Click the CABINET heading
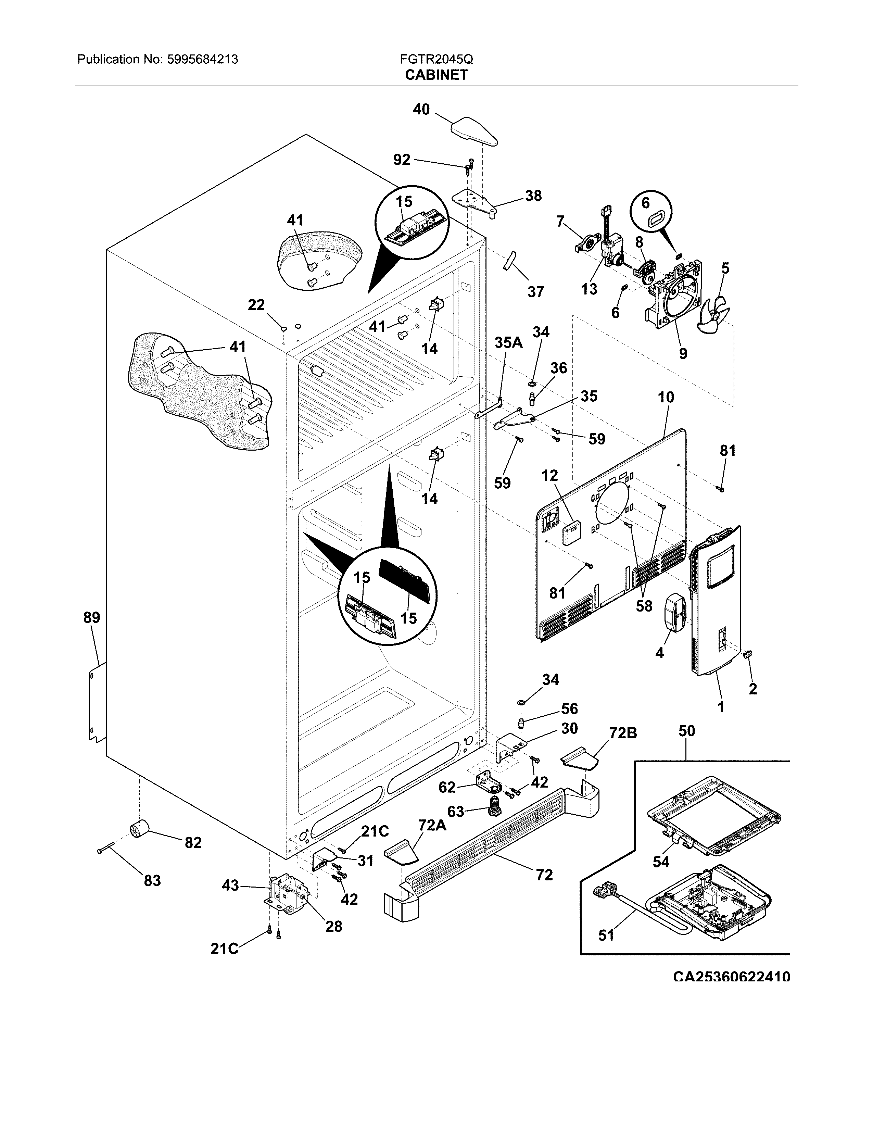[x=436, y=75]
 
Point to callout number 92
[x=401, y=160]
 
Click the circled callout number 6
[x=645, y=203]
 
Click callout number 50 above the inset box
[x=686, y=731]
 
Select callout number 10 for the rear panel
[x=666, y=397]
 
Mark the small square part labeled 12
[x=570, y=533]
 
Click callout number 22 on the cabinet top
[x=256, y=305]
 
